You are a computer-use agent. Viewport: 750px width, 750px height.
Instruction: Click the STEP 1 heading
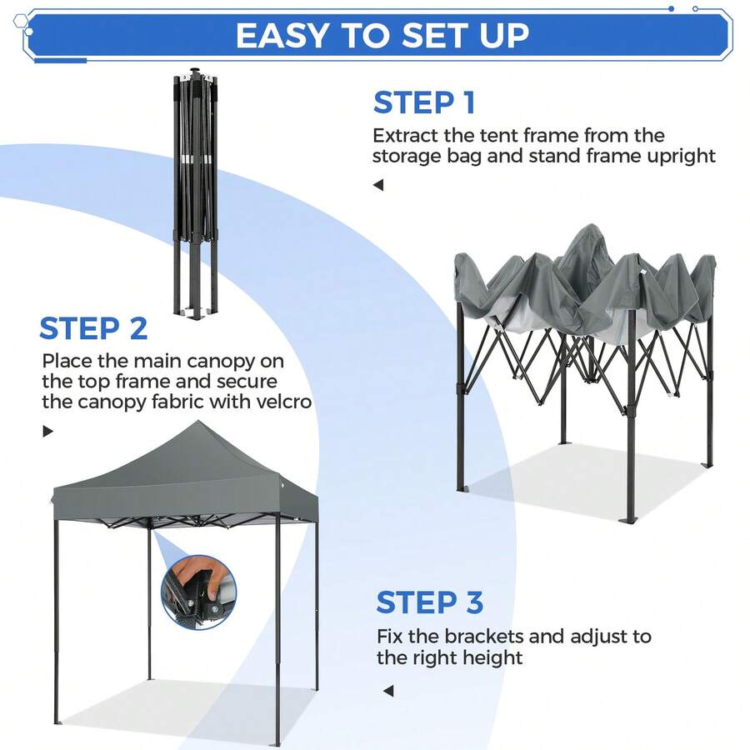[x=424, y=102]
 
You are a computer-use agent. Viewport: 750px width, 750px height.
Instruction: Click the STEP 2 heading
[x=93, y=328]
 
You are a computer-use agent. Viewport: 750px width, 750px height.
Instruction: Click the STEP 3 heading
[x=429, y=602]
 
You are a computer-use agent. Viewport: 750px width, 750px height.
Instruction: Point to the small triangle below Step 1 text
[x=378, y=185]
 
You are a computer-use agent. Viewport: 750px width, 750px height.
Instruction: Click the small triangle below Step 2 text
[x=47, y=431]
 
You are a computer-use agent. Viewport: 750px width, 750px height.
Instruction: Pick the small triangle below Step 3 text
[x=388, y=691]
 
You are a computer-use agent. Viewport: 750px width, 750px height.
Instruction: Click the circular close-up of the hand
[x=199, y=592]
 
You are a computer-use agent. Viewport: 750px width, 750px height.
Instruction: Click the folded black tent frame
[x=195, y=193]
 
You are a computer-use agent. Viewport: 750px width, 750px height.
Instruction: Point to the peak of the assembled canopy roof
[x=198, y=422]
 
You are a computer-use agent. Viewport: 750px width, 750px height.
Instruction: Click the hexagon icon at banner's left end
[x=20, y=21]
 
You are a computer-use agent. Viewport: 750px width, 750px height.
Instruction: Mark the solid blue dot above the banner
[x=671, y=8]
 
